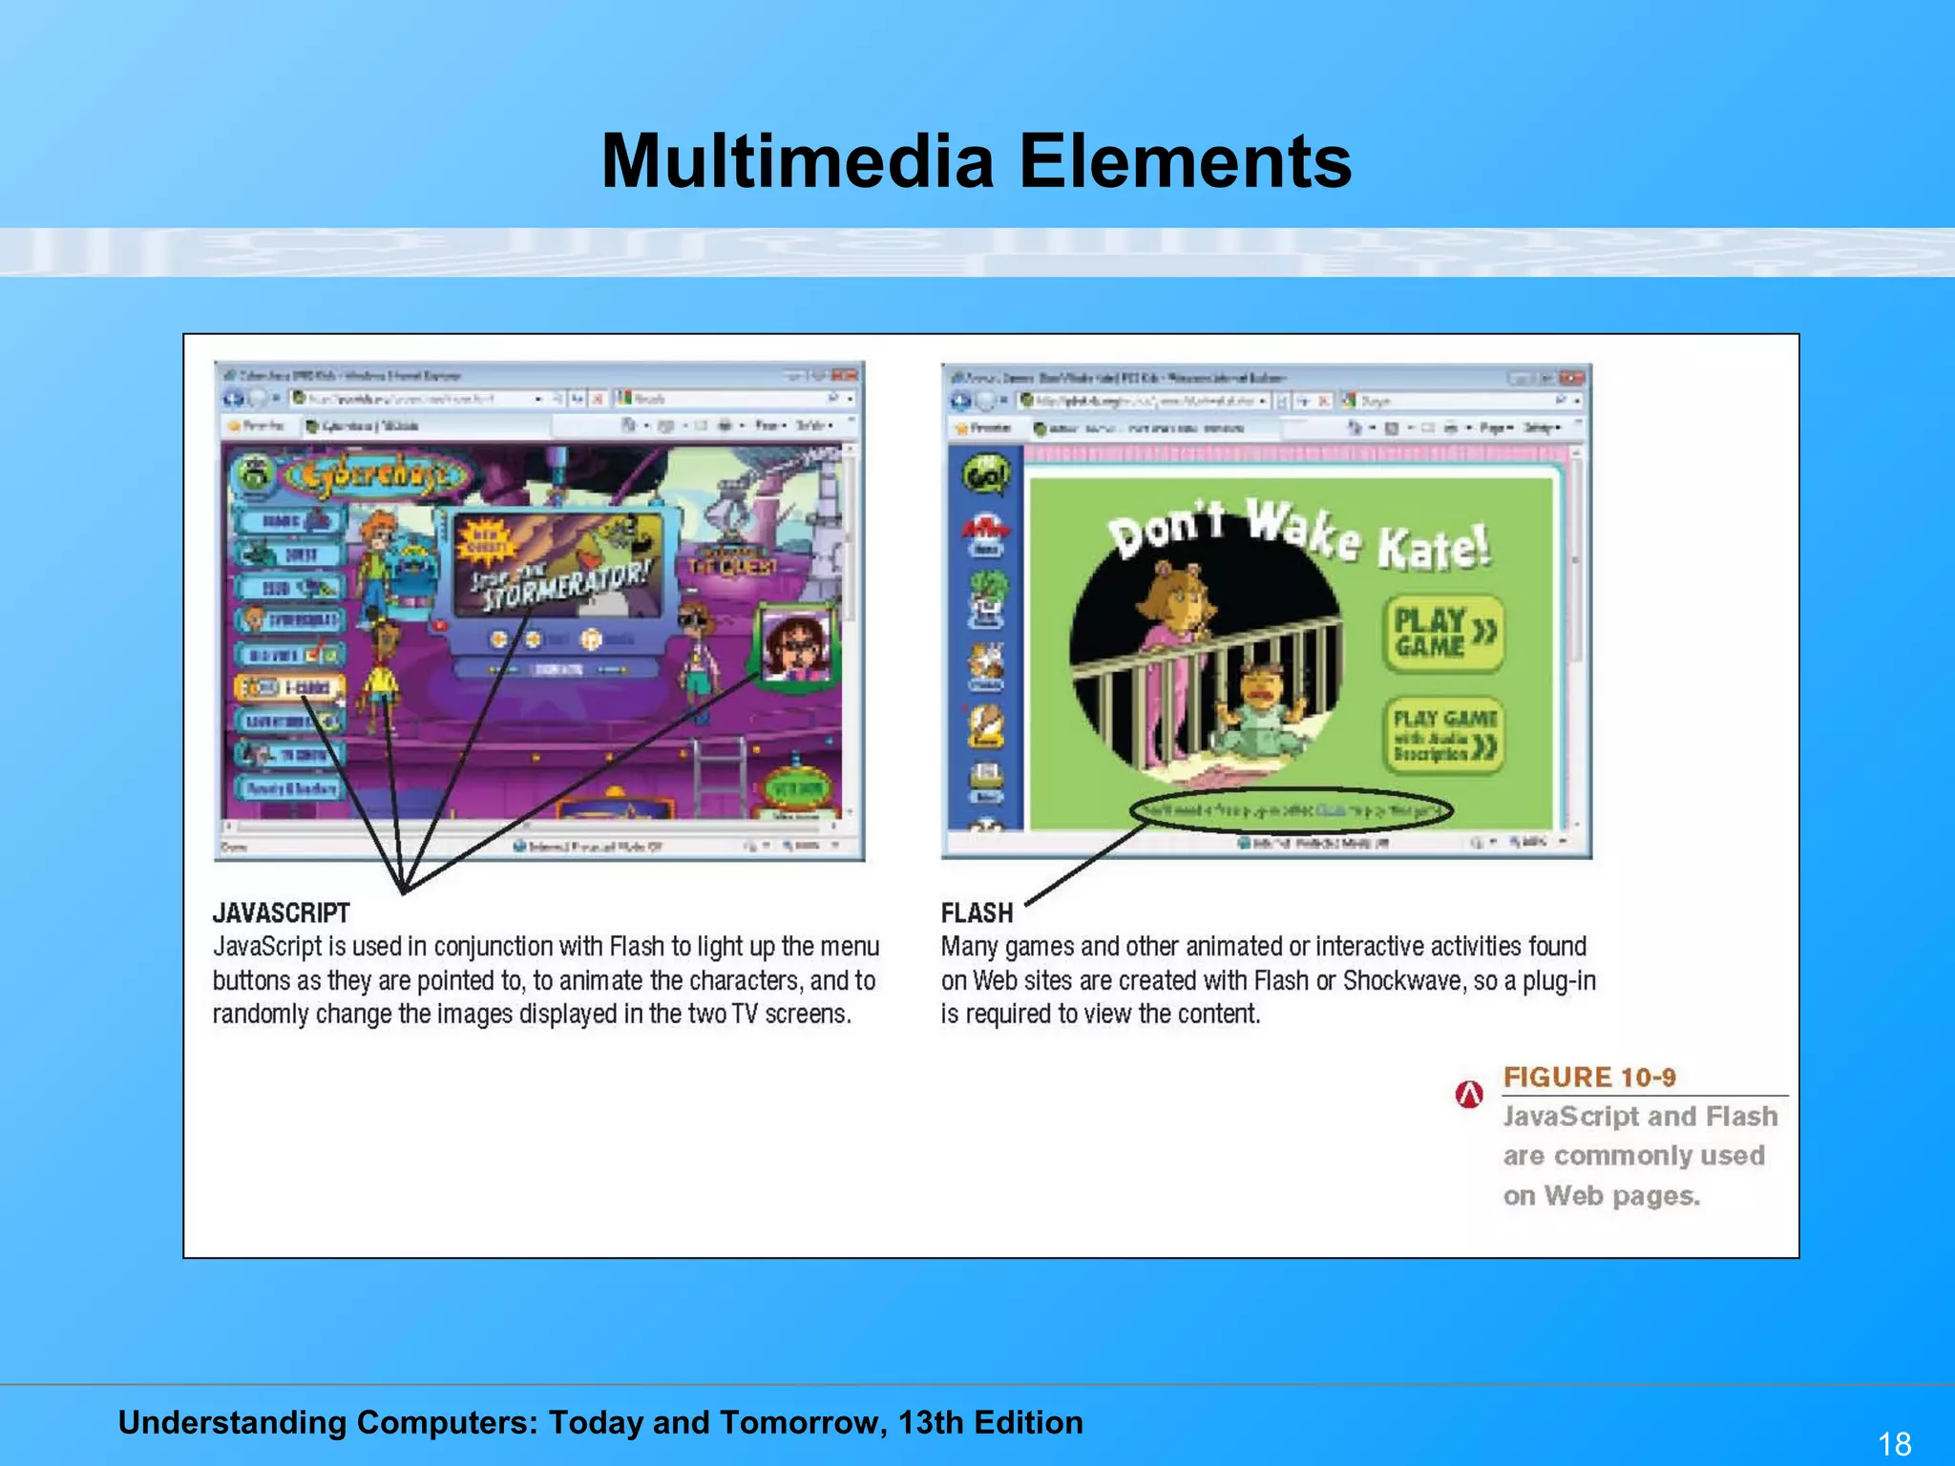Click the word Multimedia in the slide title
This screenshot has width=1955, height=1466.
[x=798, y=160]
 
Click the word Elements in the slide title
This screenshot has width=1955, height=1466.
[x=1185, y=160]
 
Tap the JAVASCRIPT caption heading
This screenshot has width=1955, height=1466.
[x=281, y=913]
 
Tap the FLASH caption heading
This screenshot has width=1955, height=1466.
[x=977, y=913]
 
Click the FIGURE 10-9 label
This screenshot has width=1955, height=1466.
[x=1588, y=1078]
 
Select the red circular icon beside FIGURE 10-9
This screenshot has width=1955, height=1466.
[x=1469, y=1094]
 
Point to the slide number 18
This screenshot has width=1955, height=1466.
[x=1895, y=1443]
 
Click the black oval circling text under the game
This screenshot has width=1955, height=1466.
[x=1292, y=811]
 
